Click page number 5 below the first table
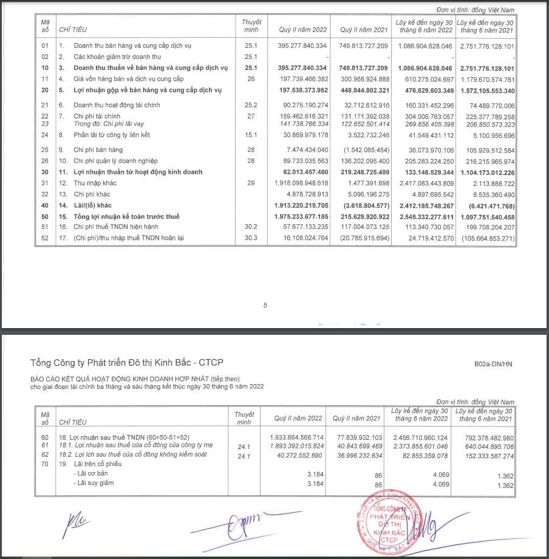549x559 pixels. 265,306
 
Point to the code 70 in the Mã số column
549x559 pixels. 44,464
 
